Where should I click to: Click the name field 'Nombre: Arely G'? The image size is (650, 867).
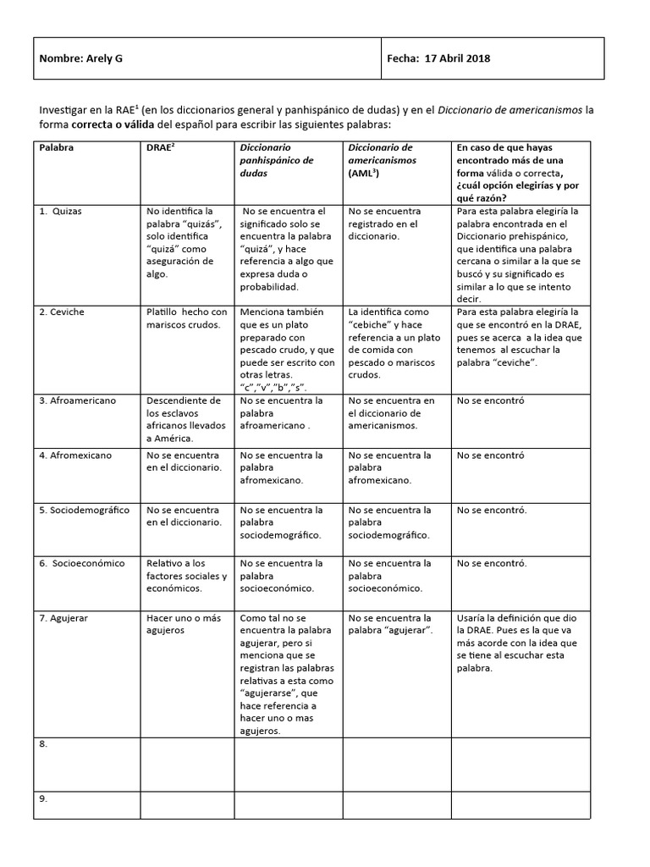tap(86, 58)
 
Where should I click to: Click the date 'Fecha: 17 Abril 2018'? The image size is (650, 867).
tap(438, 58)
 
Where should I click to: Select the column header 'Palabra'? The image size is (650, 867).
tap(57, 147)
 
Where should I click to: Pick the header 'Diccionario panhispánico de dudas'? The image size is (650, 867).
tap(277, 159)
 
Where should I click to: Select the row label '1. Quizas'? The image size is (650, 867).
tap(61, 211)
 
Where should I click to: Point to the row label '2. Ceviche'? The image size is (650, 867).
tap(63, 312)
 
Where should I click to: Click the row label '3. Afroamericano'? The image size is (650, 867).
tap(78, 400)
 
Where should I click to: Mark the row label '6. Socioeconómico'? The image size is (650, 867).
tap(82, 563)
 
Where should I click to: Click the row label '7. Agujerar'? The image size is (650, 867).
tap(63, 618)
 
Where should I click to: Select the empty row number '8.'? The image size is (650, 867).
tap(43, 743)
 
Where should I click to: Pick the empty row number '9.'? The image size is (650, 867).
tap(43, 798)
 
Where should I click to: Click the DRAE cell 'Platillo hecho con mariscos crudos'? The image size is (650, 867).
tap(186, 318)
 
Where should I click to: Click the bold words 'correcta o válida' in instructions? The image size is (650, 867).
tap(117, 124)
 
